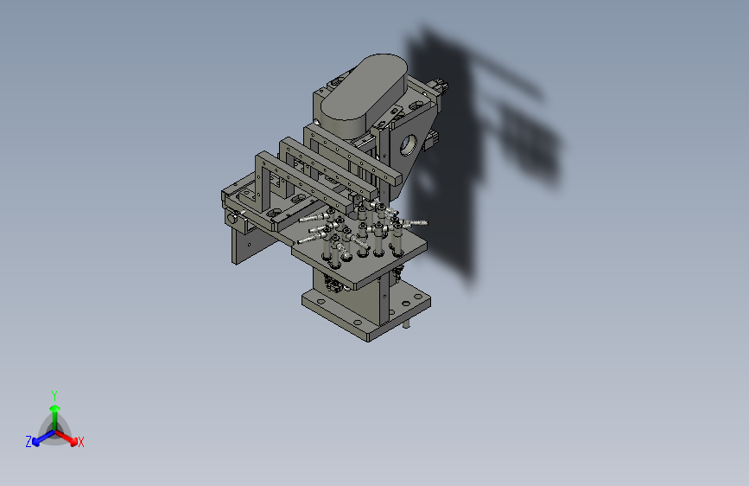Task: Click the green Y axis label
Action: click(x=54, y=395)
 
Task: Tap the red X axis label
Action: click(x=81, y=442)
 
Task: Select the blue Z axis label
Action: click(x=29, y=442)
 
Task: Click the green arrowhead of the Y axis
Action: click(x=55, y=408)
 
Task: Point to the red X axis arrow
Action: click(x=66, y=438)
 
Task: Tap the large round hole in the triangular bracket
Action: click(x=408, y=145)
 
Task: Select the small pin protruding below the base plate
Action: click(x=406, y=323)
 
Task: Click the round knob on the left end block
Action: click(x=232, y=219)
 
